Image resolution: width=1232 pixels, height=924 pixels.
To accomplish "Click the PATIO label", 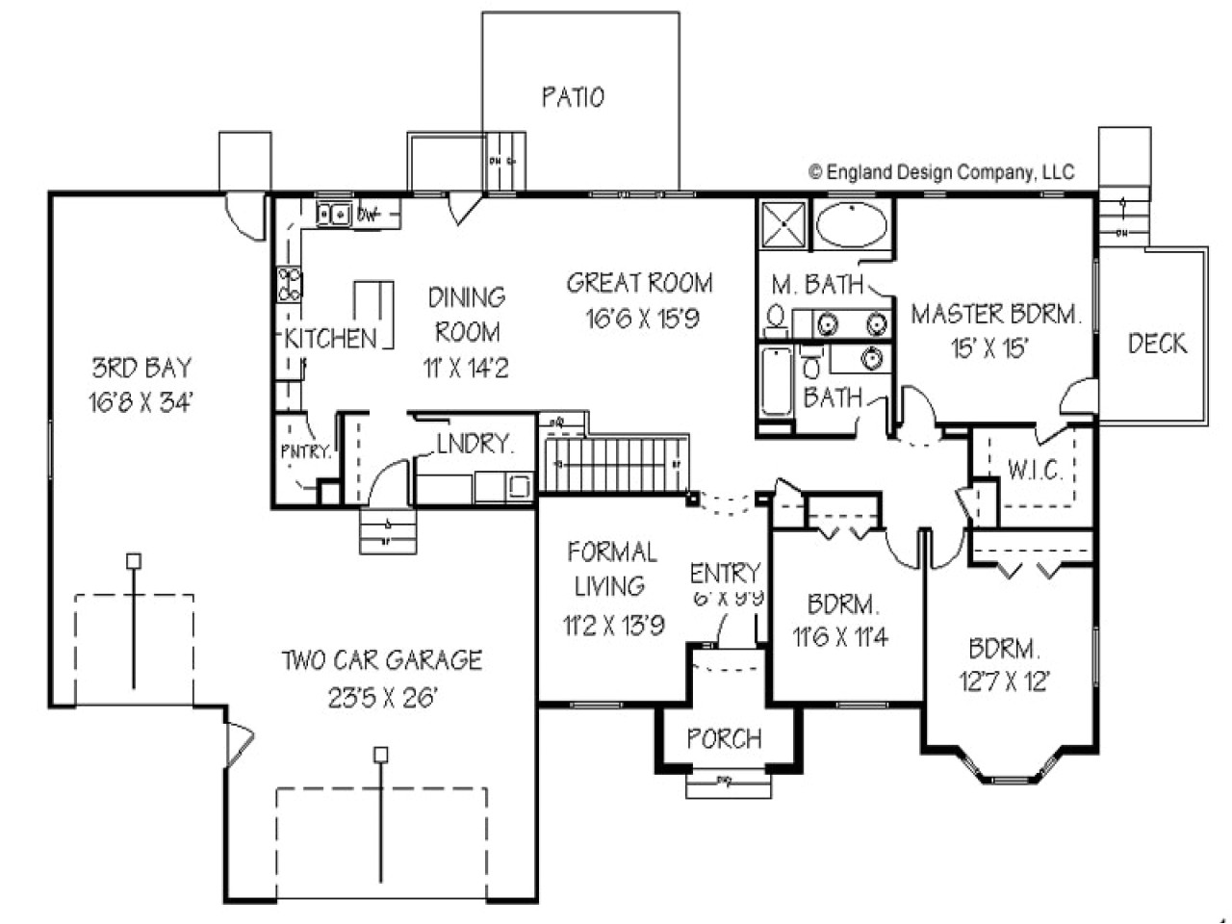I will (573, 97).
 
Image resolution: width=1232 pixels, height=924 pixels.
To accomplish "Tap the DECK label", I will (1157, 344).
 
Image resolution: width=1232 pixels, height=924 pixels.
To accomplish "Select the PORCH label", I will (724, 739).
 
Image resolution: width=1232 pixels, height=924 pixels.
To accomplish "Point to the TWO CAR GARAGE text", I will (381, 660).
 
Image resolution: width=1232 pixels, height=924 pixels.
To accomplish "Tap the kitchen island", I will (373, 313).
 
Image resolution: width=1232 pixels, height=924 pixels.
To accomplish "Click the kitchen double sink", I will (334, 214).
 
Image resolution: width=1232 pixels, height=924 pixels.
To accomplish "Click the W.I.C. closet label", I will (1035, 471).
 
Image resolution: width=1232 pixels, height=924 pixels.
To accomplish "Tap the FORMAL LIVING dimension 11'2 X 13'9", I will (613, 627).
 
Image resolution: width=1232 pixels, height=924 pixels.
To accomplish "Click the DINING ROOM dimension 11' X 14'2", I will (466, 369).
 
